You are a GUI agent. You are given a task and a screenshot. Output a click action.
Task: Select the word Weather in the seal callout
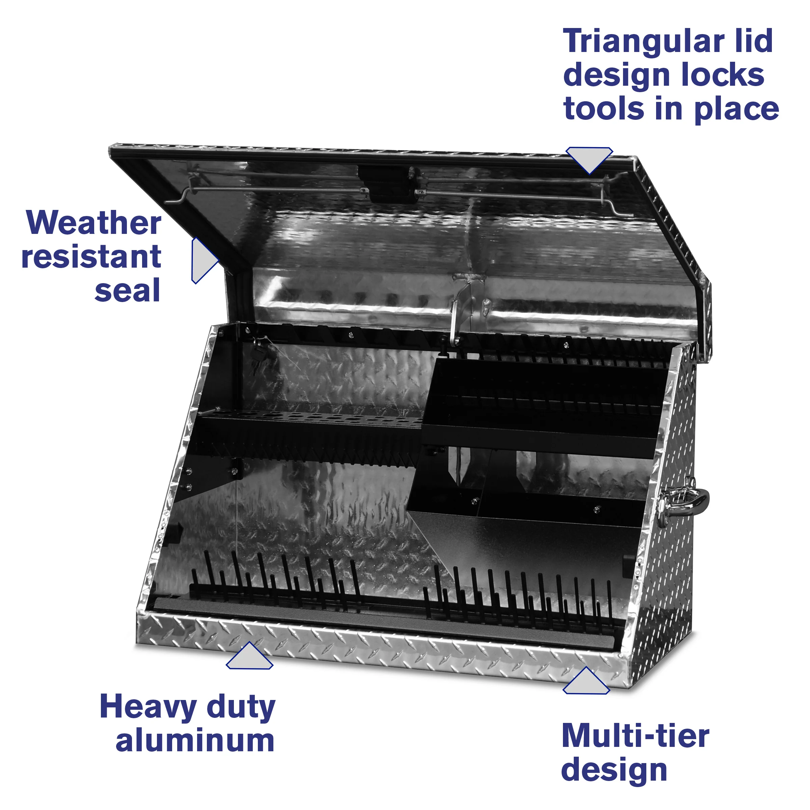click(93, 223)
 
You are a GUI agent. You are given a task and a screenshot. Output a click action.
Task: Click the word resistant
click(91, 256)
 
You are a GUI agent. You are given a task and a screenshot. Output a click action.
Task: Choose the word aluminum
click(195, 741)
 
